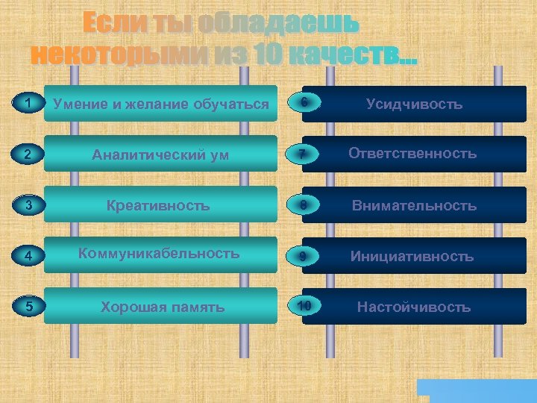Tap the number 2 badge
click(x=28, y=154)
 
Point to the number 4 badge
click(x=28, y=256)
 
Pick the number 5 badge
click(x=28, y=306)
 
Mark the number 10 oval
click(x=304, y=306)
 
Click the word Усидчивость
click(x=414, y=104)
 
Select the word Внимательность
click(x=414, y=205)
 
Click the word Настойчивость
click(x=414, y=307)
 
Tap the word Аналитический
click(x=139, y=155)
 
